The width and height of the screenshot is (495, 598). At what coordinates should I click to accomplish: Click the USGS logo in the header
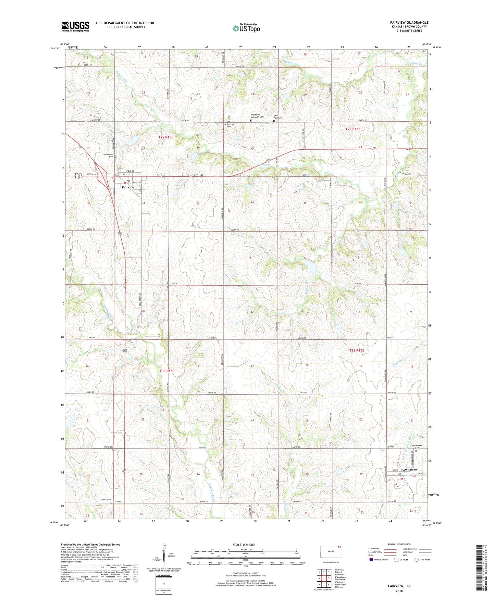click(75, 26)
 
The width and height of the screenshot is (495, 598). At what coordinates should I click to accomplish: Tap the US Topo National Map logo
click(246, 28)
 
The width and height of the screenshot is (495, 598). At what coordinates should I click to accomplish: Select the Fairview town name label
click(128, 187)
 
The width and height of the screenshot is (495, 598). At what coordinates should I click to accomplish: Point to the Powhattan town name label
click(409, 470)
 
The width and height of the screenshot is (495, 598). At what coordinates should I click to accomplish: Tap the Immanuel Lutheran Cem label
click(257, 116)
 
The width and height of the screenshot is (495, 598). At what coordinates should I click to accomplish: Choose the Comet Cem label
click(106, 499)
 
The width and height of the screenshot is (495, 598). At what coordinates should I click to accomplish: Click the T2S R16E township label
click(352, 129)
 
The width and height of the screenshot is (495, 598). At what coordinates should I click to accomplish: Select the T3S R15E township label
click(167, 371)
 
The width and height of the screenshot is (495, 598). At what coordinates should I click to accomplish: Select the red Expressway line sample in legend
click(387, 549)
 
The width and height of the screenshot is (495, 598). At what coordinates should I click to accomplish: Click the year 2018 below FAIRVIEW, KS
click(399, 591)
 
